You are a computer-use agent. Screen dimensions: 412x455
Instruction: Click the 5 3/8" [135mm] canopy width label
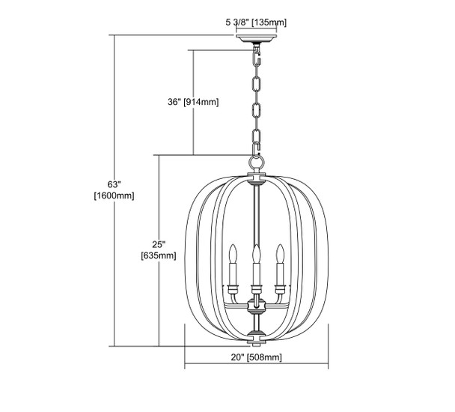pos(256,22)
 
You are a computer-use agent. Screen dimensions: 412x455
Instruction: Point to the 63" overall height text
pos(114,183)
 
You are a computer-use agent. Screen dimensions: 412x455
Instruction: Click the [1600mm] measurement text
pos(114,196)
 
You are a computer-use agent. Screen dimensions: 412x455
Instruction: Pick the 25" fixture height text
pos(158,243)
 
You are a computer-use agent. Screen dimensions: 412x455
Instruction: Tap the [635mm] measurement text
pos(158,256)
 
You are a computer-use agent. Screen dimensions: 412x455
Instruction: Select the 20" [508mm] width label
pos(256,357)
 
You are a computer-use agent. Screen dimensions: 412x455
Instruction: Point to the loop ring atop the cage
pos(257,160)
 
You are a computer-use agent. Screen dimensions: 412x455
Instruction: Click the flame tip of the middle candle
pos(257,249)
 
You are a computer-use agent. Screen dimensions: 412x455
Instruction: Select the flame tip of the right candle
pos(281,247)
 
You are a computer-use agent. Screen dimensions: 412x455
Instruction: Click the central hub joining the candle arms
pos(257,303)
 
